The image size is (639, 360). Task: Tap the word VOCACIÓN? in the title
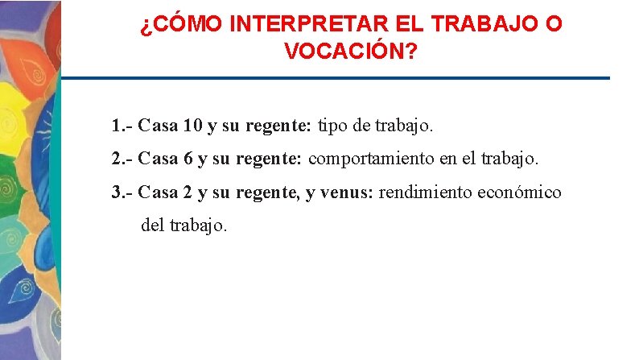point(351,52)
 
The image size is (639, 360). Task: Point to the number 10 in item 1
point(193,126)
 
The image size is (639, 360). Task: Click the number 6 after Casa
point(188,159)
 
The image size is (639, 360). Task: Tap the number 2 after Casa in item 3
point(188,192)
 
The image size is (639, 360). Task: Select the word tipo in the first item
point(334,126)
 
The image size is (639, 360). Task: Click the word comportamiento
point(371,159)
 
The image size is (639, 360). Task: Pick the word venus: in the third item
point(348,192)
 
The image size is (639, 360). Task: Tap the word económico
point(519,192)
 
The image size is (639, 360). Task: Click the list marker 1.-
point(122,126)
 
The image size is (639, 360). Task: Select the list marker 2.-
point(122,159)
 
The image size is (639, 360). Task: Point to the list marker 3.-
point(122,192)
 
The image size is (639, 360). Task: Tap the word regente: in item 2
point(269,159)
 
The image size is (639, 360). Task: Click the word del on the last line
point(152,226)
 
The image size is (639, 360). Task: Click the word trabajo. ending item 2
point(510,159)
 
